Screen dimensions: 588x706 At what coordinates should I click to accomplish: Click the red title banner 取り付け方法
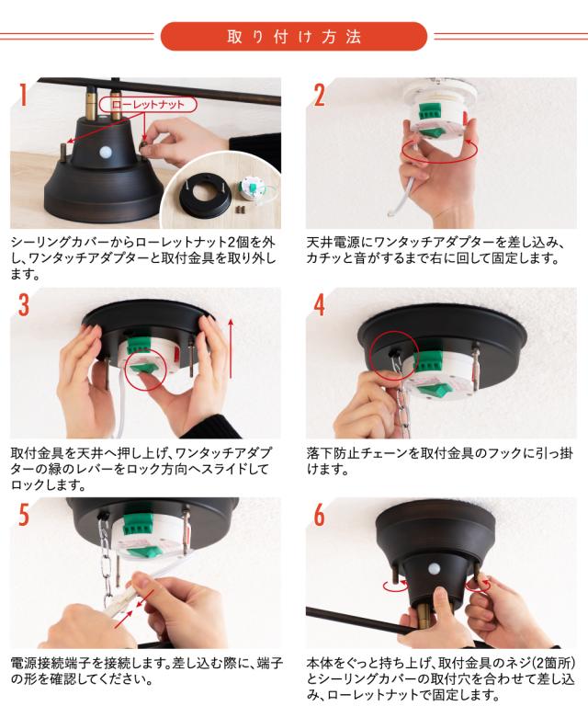point(293,37)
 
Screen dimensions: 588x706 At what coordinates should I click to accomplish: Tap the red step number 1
point(23,95)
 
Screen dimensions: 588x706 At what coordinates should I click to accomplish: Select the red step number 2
point(319,95)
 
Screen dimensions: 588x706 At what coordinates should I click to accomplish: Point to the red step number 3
point(23,305)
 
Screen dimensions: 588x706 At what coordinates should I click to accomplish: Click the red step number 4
point(319,305)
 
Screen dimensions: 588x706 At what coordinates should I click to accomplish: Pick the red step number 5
point(23,515)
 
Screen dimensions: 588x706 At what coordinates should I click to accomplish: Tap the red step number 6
point(319,515)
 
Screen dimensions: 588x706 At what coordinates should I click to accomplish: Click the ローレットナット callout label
point(148,105)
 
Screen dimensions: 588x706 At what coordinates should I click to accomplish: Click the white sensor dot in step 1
point(107,152)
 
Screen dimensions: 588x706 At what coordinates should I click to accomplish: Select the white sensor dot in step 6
point(434,568)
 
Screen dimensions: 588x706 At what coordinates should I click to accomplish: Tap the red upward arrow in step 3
point(231,348)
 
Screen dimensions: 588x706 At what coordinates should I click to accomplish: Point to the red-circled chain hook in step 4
point(393,356)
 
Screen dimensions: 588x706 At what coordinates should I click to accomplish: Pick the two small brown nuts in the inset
point(240,210)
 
